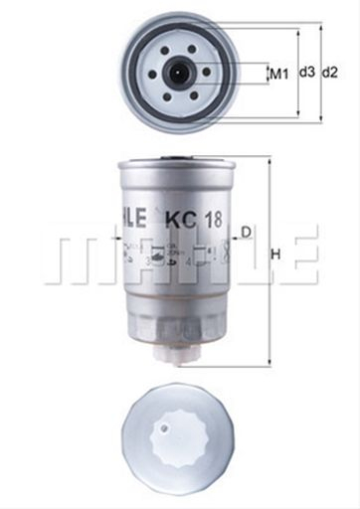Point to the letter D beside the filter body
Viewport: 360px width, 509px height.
(246, 233)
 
